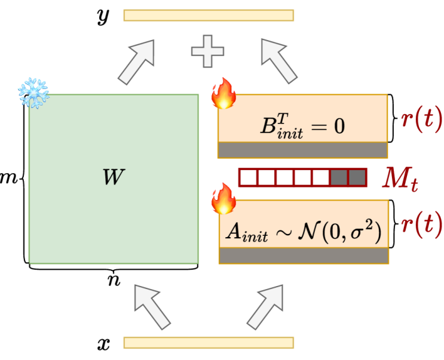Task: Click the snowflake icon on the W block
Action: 33,93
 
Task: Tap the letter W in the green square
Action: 114,177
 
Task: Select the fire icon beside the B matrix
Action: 224,93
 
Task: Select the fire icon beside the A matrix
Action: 224,199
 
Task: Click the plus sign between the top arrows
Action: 208,52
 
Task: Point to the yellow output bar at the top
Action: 209,15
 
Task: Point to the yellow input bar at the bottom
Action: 209,342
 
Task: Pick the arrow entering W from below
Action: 152,306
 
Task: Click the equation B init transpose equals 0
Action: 303,125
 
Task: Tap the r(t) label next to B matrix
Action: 421,119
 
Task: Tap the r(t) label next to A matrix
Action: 421,224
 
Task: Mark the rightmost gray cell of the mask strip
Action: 357,177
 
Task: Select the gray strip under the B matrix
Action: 302,150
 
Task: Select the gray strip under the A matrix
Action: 304,256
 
